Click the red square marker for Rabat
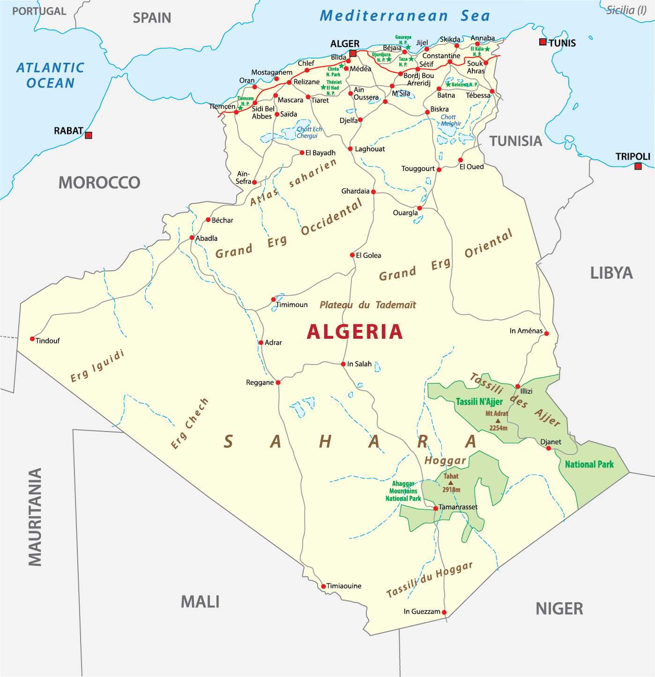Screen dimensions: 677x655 89,135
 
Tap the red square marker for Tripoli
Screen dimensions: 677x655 638,166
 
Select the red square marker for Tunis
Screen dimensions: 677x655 543,42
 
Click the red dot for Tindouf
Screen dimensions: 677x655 32,339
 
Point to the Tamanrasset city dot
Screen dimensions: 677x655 436,508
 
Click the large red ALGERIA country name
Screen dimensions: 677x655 355,332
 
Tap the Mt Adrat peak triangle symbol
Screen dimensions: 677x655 498,421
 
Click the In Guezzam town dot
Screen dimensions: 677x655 444,612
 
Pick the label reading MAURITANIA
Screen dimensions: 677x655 35,517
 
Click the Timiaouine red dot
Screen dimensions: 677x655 323,587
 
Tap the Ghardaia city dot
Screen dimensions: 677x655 373,192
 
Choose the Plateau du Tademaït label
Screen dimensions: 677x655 368,305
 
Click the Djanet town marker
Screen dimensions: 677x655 549,448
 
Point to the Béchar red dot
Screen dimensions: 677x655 208,220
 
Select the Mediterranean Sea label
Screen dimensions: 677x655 405,16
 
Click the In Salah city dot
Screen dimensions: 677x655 343,364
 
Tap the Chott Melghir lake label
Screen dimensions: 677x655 450,120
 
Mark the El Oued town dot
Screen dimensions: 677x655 461,160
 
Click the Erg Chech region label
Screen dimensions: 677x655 189,424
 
